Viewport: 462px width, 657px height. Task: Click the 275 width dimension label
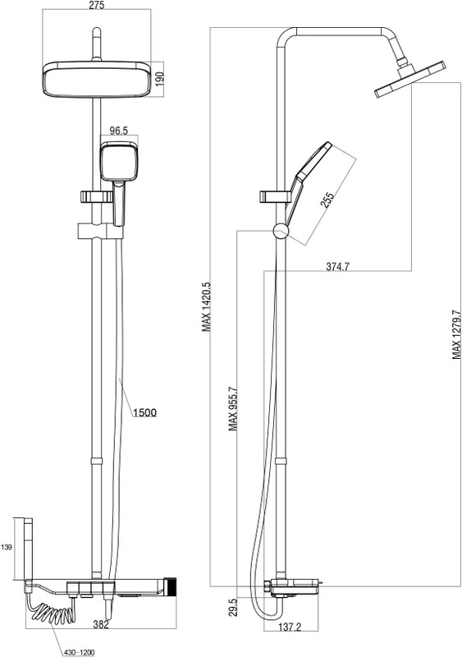[97, 5]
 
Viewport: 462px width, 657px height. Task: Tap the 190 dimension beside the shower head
[159, 79]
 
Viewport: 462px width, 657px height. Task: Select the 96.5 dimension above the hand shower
[118, 131]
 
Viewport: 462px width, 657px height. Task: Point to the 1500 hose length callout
[145, 413]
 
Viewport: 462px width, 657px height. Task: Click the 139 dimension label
[7, 547]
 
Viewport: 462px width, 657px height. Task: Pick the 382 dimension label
[101, 625]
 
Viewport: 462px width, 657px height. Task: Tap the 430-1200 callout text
[79, 652]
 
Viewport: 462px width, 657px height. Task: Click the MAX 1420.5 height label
[206, 306]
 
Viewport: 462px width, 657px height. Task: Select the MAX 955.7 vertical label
[233, 409]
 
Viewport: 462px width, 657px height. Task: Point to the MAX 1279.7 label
[456, 334]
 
